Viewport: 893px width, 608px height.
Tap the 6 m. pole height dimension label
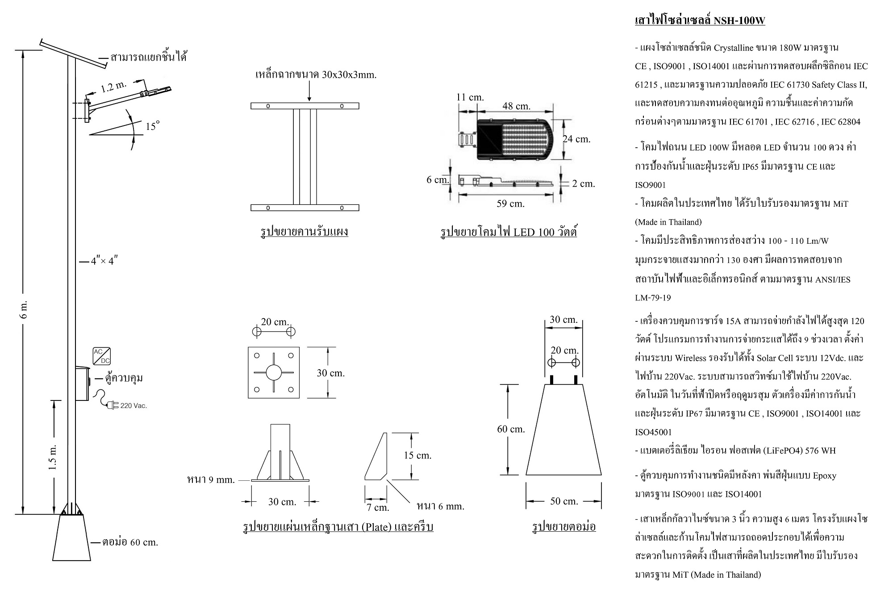coord(25,308)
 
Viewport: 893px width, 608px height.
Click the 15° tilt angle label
coord(152,126)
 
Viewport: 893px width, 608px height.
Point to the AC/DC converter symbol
coord(102,356)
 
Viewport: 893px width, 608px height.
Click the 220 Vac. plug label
coord(133,406)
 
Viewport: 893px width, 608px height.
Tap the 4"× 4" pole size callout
coord(104,261)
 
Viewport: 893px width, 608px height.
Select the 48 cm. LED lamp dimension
coord(516,106)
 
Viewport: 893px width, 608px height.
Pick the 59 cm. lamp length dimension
coord(510,204)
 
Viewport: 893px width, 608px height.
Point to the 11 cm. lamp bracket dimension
coord(470,97)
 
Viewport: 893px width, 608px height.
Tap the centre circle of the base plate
coord(274,372)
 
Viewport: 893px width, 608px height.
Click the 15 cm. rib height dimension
coord(417,455)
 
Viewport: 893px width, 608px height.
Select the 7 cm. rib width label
coord(378,508)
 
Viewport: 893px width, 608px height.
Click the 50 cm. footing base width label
coord(564,501)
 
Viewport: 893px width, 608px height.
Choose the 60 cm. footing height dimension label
coord(511,429)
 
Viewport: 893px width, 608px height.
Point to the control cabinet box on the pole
coord(82,383)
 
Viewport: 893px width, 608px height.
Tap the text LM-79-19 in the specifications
coord(653,298)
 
